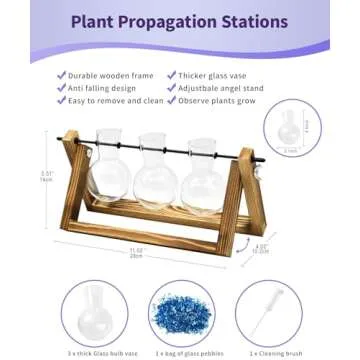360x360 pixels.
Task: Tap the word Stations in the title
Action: (x=253, y=21)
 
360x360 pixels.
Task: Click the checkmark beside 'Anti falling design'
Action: (x=62, y=87)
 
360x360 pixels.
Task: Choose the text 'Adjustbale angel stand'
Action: (x=221, y=87)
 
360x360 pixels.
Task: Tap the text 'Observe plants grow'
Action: (x=215, y=101)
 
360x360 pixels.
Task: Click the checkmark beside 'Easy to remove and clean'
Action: (x=62, y=101)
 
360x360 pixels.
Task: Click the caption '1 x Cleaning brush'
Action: (x=270, y=353)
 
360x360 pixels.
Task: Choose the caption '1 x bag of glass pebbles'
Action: (x=180, y=353)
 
